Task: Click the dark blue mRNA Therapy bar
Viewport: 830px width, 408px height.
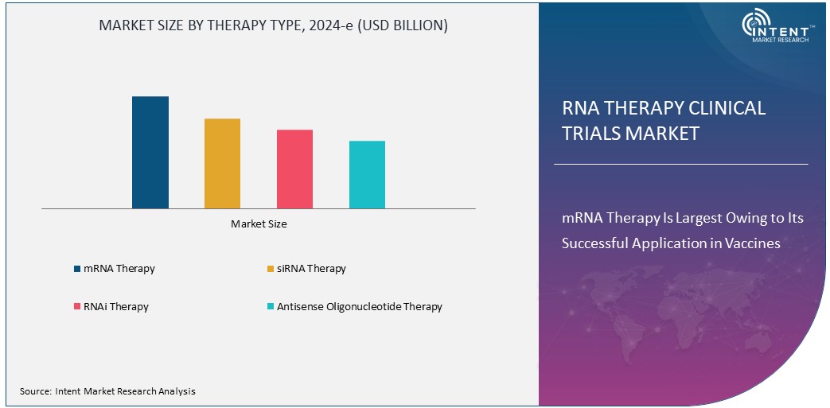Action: pos(150,152)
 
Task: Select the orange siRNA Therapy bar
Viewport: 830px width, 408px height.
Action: pos(222,163)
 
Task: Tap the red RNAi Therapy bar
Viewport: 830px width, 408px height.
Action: pos(294,169)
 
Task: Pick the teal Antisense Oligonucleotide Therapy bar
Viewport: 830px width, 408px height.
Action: pos(367,174)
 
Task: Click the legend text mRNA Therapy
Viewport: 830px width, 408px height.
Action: pos(119,269)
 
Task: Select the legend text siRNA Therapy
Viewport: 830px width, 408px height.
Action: pos(311,269)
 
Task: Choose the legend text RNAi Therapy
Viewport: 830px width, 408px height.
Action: pos(115,307)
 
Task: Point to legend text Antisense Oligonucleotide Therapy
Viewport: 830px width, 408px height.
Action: pos(359,307)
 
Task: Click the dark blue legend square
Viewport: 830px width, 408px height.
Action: pos(76,269)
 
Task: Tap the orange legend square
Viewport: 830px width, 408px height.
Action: pos(270,269)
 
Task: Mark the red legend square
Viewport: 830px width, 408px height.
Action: pos(76,307)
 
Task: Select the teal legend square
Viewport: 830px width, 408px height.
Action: pos(270,307)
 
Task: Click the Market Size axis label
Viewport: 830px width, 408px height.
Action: pos(259,224)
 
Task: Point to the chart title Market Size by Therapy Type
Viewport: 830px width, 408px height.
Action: pos(273,25)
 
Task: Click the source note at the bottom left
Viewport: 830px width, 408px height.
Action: pos(107,391)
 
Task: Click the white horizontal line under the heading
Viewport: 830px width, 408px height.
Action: pos(680,165)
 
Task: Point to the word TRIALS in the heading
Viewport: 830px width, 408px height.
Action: pos(591,134)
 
